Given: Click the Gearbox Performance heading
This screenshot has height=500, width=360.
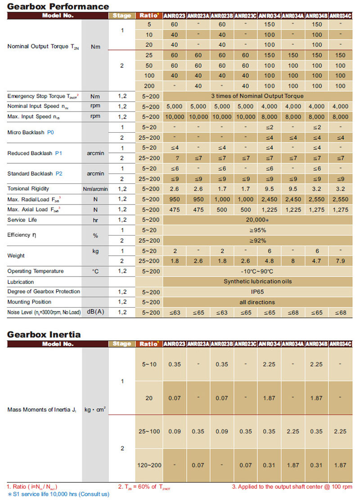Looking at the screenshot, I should pos(58,6).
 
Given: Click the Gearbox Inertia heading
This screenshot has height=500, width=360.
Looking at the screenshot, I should pos(44,335).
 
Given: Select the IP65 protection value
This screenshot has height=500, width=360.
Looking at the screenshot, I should pos(257,292).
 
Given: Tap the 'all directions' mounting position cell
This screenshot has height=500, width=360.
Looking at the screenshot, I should pos(257,302).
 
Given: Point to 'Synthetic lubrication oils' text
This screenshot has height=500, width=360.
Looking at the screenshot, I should pos(257,281).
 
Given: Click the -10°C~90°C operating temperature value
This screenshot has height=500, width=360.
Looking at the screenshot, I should pos(257,271).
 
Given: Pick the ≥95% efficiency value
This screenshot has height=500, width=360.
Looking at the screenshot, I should pos(257,230).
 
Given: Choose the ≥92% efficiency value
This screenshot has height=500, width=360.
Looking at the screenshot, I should pos(257,241).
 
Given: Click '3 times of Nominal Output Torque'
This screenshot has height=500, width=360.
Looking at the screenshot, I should pos(257,96).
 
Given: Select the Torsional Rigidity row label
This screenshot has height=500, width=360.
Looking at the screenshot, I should pos(28,189).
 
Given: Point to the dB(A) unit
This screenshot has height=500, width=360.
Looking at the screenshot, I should pos(95,312).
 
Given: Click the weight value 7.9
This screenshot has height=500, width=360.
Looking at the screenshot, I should pos(341,261).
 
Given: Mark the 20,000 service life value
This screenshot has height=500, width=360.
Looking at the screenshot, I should pos(257,220).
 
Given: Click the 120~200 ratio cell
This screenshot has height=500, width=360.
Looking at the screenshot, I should pos(149,464).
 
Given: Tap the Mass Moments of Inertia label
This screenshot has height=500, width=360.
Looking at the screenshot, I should pos(42,410).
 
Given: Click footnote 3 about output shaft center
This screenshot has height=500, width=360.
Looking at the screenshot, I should pos(292,487).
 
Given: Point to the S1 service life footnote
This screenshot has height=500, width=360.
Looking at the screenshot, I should pos(58,494).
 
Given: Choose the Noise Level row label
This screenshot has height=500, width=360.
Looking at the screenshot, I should pos(44,312).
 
